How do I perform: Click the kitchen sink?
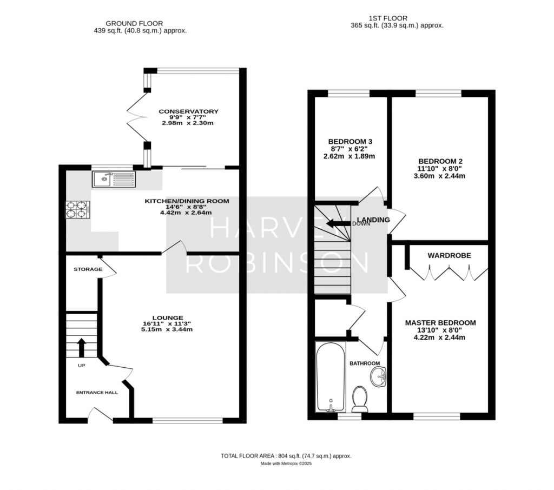[114, 179]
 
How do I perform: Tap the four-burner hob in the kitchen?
[78, 209]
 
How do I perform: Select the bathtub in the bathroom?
[331, 377]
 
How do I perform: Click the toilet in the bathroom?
[360, 400]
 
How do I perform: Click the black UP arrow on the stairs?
[82, 348]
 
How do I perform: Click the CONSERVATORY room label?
[188, 111]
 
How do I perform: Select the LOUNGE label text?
[168, 317]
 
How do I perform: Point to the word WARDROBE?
[449, 255]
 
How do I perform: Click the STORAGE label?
[88, 269]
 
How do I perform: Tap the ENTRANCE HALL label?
[97, 393]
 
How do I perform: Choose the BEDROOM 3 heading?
[350, 141]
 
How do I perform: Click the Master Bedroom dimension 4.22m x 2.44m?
[439, 337]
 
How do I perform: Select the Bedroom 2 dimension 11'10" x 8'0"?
[439, 169]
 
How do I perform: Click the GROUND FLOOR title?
[134, 24]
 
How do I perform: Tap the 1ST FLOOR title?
[388, 18]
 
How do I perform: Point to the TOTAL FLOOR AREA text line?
[286, 456]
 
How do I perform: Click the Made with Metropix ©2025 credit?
[286, 464]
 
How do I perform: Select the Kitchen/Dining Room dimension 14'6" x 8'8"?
[186, 207]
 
